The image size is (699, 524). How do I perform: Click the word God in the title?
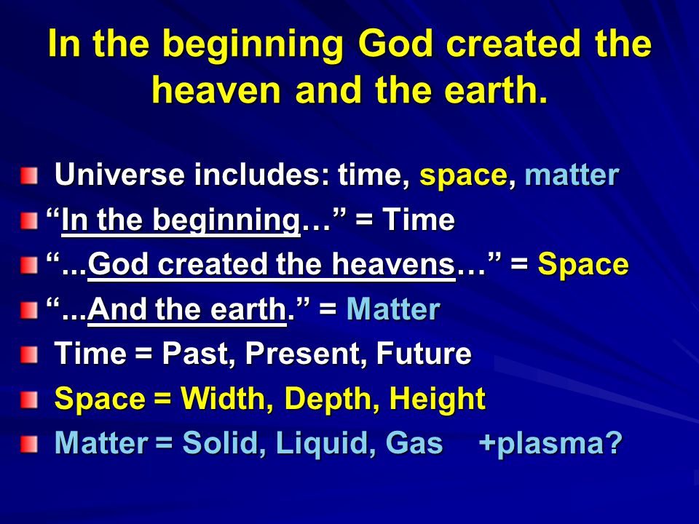click(395, 45)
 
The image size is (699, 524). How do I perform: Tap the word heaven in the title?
click(217, 90)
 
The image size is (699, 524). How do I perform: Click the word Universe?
click(119, 174)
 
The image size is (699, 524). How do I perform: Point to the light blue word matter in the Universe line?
click(572, 174)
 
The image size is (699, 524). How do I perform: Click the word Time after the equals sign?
click(419, 219)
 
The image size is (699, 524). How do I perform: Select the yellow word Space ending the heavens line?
click(583, 265)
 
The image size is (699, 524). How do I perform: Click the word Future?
click(424, 354)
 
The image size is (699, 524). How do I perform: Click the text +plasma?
click(550, 444)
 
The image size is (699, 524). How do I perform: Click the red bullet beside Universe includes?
click(29, 175)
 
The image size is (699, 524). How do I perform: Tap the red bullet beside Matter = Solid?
click(29, 444)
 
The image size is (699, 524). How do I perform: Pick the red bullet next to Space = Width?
click(29, 400)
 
